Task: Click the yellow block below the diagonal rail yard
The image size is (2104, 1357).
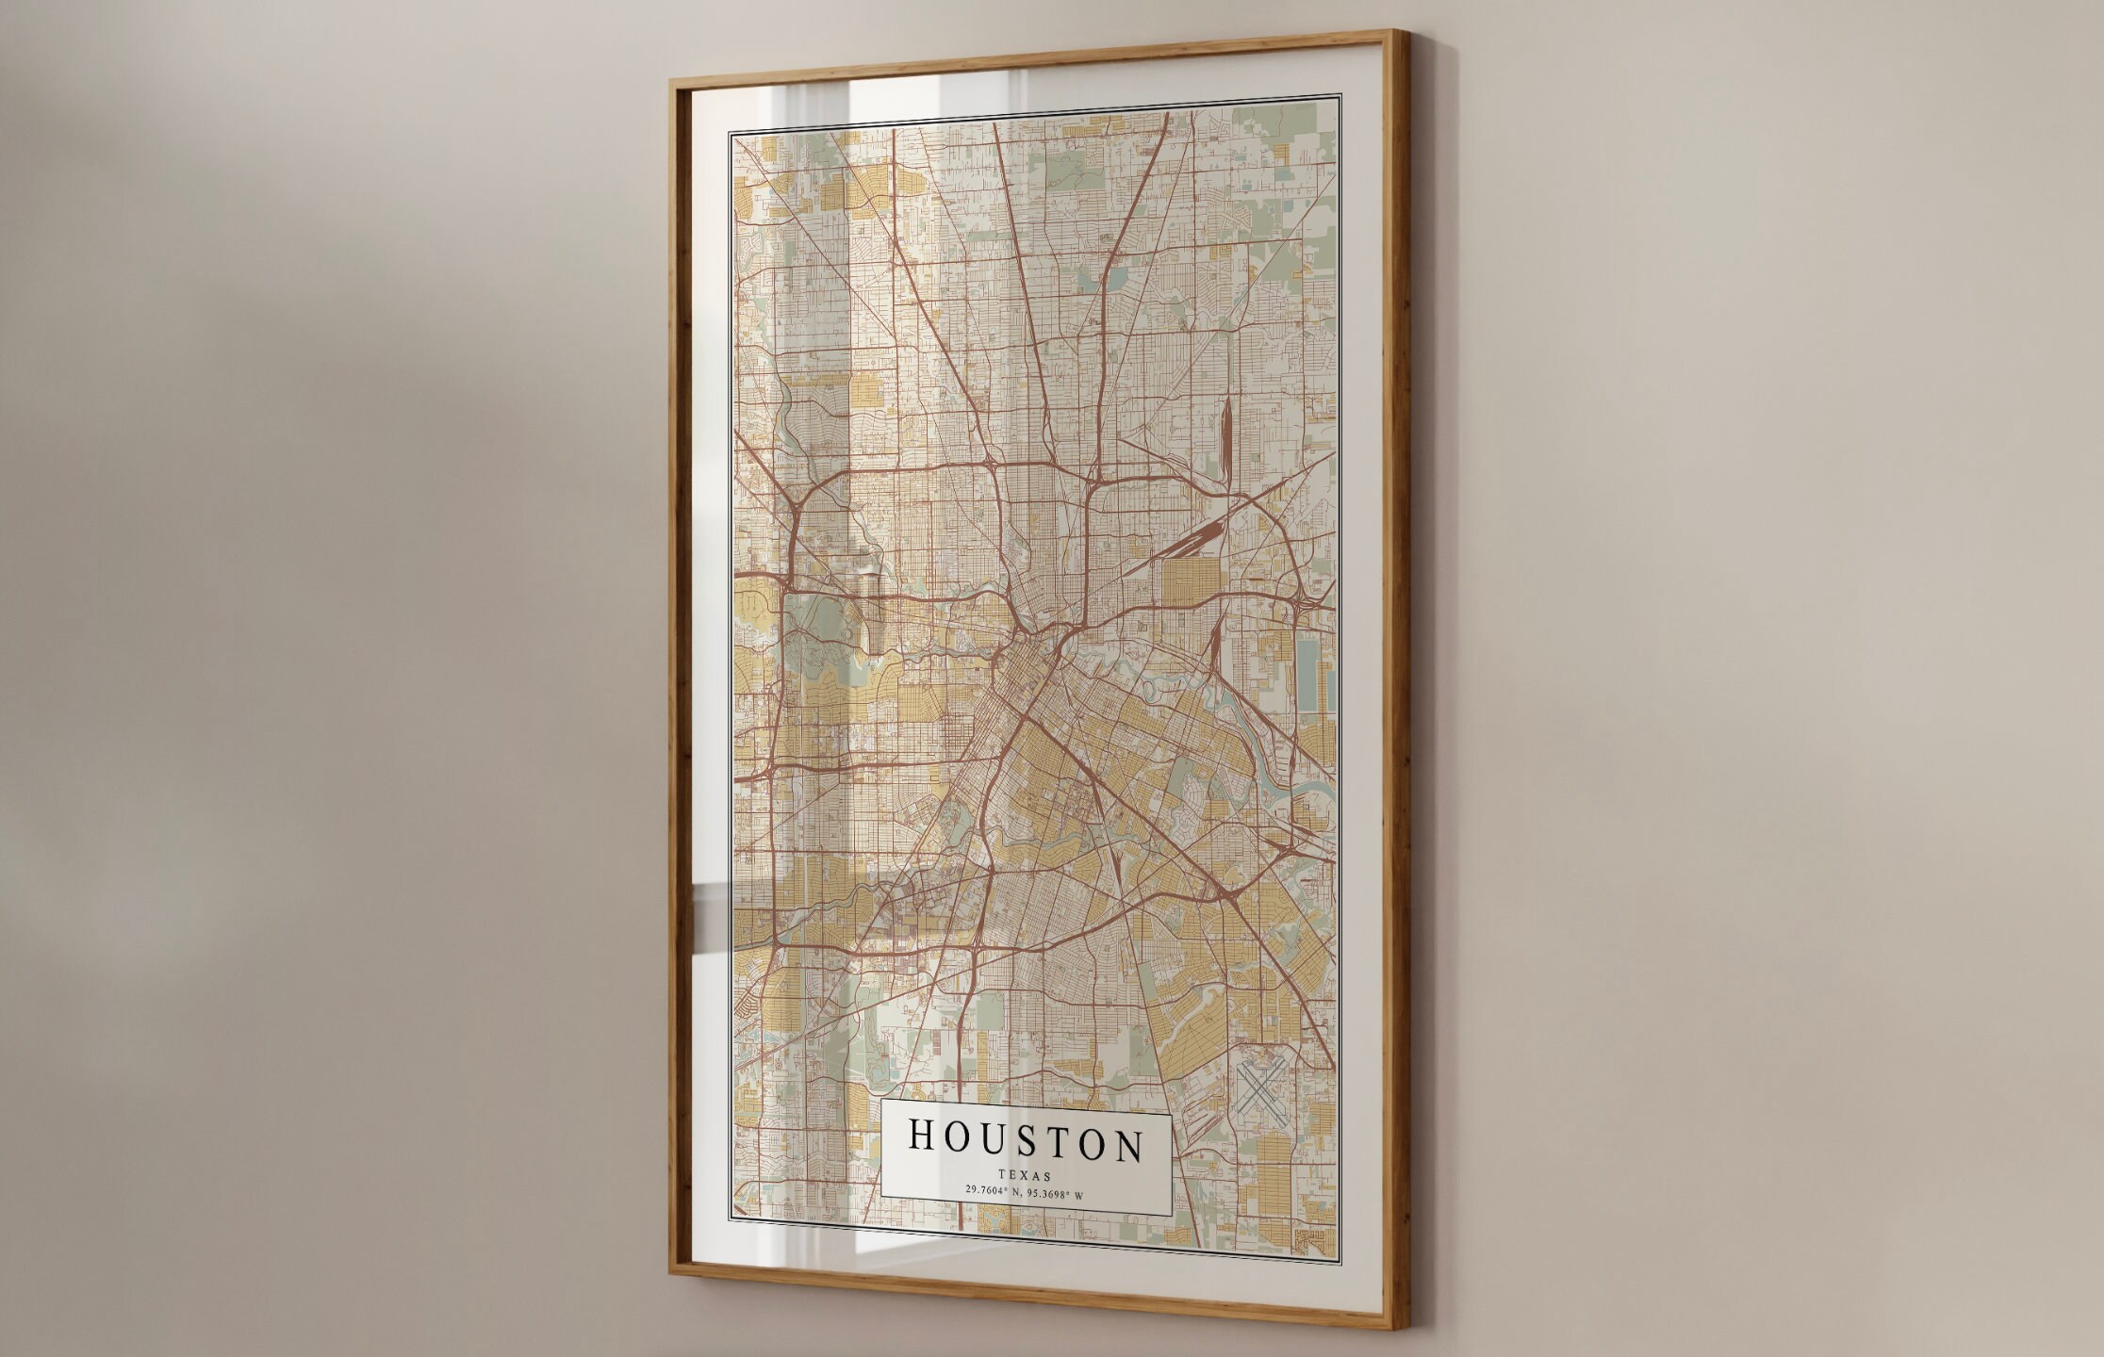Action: click(x=1191, y=584)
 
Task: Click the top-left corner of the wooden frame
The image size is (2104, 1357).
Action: click(x=672, y=81)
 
